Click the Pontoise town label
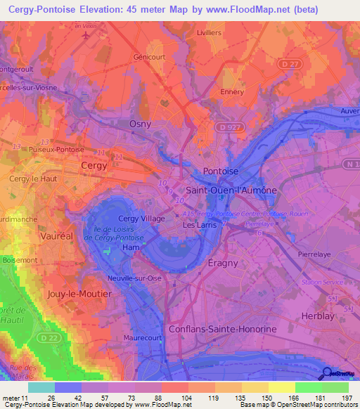220,171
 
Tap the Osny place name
141,124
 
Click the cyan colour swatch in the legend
41,387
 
